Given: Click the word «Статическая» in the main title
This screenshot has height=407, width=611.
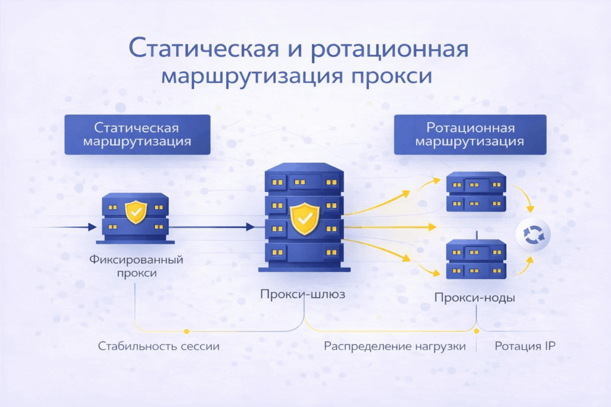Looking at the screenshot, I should coord(202,49).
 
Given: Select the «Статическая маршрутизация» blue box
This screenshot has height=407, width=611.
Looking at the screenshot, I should coord(137,135).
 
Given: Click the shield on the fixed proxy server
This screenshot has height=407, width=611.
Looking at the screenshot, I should coord(136,212).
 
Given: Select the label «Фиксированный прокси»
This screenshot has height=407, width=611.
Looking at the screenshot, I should coord(136,266).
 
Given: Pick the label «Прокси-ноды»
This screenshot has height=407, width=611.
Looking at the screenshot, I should coord(475,298).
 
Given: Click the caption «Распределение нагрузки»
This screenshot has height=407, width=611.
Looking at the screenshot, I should coord(394,346).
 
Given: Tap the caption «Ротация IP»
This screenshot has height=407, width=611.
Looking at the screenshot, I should coord(525,346).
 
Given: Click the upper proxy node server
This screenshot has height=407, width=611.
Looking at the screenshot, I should coord(476,192).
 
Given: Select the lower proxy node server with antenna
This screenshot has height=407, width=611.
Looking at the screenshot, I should coord(476,259).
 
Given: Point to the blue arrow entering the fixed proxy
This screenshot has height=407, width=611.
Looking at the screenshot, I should coord(66,227).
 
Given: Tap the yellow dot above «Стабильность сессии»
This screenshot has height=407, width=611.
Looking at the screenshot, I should coord(186,331).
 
